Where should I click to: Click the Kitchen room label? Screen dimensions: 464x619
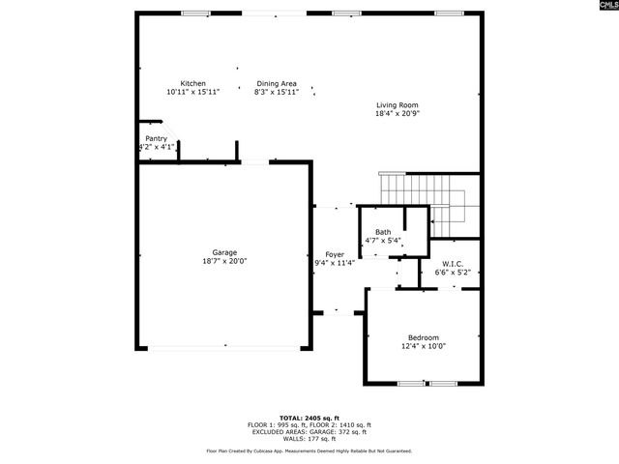coord(192,84)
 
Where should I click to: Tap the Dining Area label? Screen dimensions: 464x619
coord(277,84)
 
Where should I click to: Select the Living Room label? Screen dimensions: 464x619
coord(397,105)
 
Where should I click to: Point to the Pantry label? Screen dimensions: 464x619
coord(156,138)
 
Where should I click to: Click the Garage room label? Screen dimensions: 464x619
coord(224,252)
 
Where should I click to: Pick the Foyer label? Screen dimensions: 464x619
coord(335,254)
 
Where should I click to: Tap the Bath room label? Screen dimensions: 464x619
coord(383,232)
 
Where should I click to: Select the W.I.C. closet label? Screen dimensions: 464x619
coord(453,264)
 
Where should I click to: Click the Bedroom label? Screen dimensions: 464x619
coord(424,337)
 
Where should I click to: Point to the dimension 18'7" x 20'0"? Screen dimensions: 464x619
coord(224,261)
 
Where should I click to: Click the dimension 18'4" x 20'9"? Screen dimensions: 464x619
coord(397,114)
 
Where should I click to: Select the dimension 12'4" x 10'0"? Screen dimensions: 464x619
coord(424,346)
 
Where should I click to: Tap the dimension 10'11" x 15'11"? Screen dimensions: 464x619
coord(192,92)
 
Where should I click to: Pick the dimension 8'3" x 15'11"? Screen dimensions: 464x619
coord(277,92)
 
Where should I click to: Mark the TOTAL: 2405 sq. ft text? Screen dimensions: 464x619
coord(309,418)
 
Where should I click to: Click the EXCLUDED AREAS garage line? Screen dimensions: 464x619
coord(309,431)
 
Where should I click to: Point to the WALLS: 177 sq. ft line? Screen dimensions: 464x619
coord(309,438)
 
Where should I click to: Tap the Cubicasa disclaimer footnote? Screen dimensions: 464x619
coord(309,450)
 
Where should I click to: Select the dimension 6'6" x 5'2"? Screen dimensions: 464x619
coord(453,273)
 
